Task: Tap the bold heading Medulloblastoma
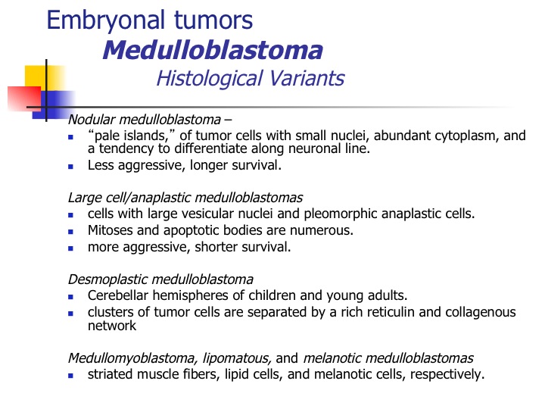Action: (x=213, y=51)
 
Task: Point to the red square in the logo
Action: (x=24, y=98)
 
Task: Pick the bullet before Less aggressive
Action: (x=71, y=167)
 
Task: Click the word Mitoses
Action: (x=111, y=230)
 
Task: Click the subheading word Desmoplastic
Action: (x=107, y=279)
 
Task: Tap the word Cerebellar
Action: (x=118, y=295)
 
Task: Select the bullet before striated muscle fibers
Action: (x=71, y=376)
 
